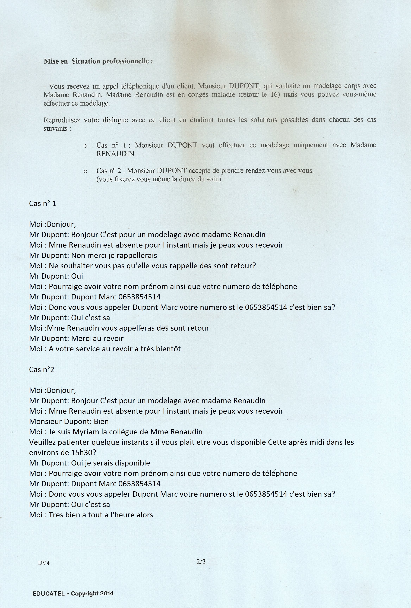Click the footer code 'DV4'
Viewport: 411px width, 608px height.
coord(44,563)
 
